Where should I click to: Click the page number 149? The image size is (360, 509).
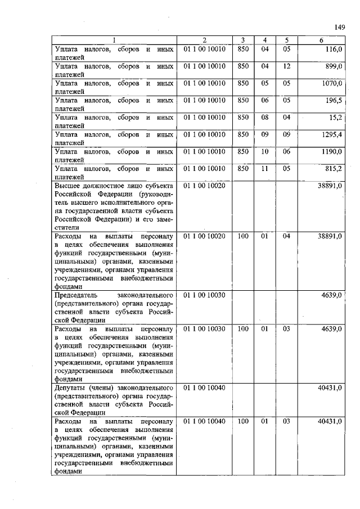click(339, 27)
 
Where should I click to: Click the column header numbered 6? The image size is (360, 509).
click(321, 40)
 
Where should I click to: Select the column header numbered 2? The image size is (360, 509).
click(205, 40)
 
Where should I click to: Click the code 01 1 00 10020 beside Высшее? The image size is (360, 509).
click(205, 185)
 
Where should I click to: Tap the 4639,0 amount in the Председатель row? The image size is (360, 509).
click(332, 295)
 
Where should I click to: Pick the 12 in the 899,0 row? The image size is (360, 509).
click(287, 66)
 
